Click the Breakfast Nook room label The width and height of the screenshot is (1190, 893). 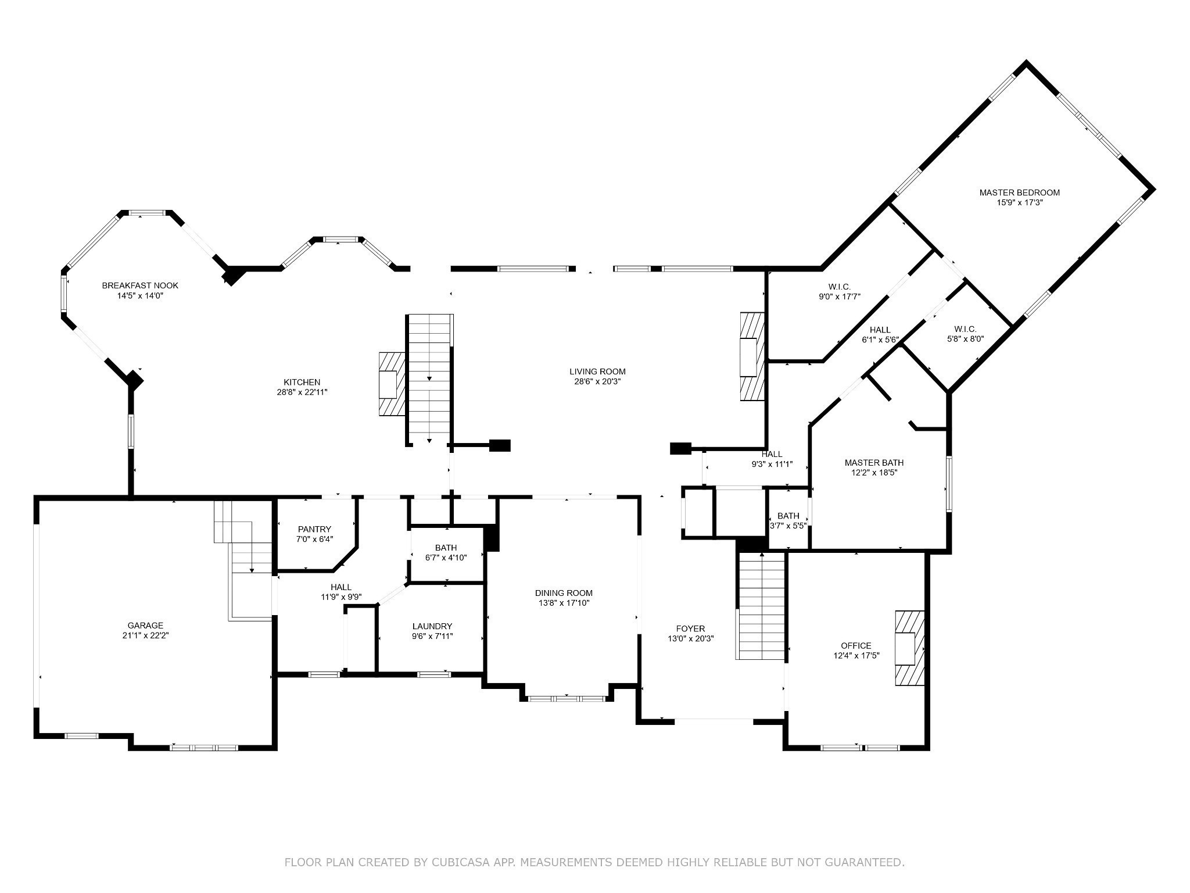(140, 285)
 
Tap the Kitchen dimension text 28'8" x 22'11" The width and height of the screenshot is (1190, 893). (302, 392)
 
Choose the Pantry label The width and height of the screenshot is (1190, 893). (314, 529)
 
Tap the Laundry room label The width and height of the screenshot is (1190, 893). (432, 626)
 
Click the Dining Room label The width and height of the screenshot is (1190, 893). (564, 593)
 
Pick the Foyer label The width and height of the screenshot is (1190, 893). (690, 628)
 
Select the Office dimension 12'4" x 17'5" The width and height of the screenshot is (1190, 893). (856, 655)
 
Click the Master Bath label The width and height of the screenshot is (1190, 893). (874, 463)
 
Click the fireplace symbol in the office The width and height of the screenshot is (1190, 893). (909, 648)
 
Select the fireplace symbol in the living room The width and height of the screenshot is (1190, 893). (751, 356)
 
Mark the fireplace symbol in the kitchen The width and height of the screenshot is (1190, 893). (392, 384)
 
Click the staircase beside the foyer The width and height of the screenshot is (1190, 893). (761, 605)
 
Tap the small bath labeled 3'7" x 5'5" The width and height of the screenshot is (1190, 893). (788, 520)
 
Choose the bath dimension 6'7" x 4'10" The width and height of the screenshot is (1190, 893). (446, 557)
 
